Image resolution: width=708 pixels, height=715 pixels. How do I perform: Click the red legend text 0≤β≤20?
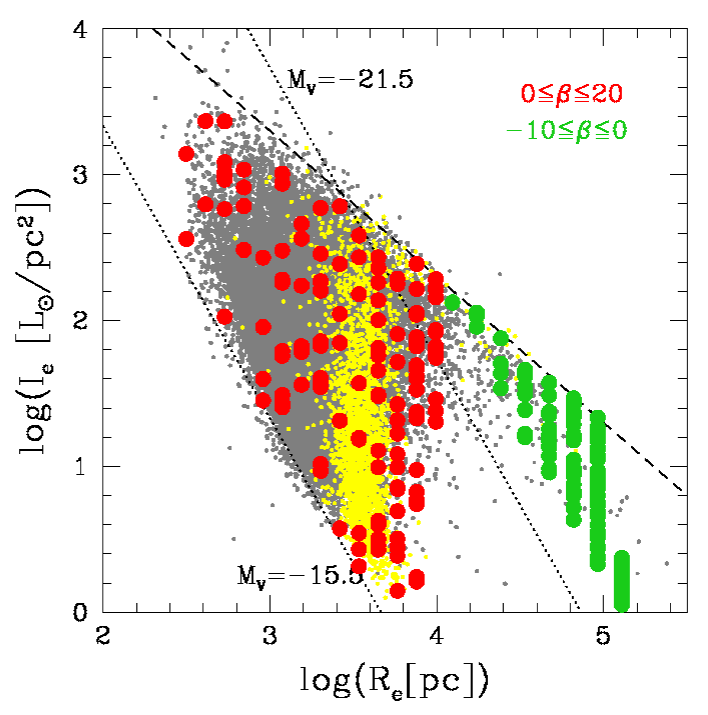point(570,94)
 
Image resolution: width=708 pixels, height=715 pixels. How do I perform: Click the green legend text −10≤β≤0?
point(566,130)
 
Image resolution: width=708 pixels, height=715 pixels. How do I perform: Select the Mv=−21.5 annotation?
point(350,79)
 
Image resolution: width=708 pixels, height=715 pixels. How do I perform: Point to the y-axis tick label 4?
point(81,29)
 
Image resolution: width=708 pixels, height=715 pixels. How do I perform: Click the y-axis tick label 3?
point(81,175)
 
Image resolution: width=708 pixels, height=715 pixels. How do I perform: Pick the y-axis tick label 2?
point(81,320)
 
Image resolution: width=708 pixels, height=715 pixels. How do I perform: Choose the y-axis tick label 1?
point(81,466)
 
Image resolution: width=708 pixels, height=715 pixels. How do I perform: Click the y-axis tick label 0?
point(81,612)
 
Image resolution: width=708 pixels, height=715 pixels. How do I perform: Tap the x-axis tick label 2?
point(103,636)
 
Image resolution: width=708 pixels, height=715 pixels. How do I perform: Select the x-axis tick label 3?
point(270,636)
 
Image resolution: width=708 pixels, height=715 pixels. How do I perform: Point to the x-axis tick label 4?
point(436,636)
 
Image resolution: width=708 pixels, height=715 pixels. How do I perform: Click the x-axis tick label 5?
point(603,636)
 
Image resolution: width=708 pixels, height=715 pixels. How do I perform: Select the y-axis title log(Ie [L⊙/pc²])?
point(35,321)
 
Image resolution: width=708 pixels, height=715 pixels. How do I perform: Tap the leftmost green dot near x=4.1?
point(452,302)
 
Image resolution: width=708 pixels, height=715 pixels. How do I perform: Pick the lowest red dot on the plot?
point(397,591)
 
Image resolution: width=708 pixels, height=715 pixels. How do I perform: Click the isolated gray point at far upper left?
point(155,98)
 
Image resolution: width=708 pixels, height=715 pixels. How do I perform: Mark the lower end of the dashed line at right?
point(681,490)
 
